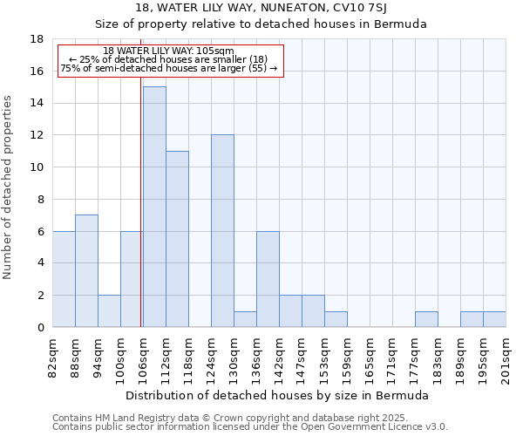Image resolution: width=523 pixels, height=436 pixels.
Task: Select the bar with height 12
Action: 222,231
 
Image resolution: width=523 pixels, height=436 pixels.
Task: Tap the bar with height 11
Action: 177,239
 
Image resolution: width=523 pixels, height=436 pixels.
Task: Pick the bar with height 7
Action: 86,271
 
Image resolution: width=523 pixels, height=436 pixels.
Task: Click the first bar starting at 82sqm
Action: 64,279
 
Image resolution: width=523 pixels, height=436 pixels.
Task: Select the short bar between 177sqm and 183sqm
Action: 426,319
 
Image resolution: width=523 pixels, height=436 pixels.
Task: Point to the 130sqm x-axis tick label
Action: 234,356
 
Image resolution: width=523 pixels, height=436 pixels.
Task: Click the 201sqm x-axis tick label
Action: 506,356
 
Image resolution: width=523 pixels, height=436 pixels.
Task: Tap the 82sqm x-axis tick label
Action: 52,356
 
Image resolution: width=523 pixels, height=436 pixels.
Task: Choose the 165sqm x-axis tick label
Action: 370,356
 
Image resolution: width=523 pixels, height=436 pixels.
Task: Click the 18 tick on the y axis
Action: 37,39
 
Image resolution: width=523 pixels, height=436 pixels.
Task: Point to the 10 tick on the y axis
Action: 37,167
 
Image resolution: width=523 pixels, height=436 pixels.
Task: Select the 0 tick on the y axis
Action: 40,327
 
